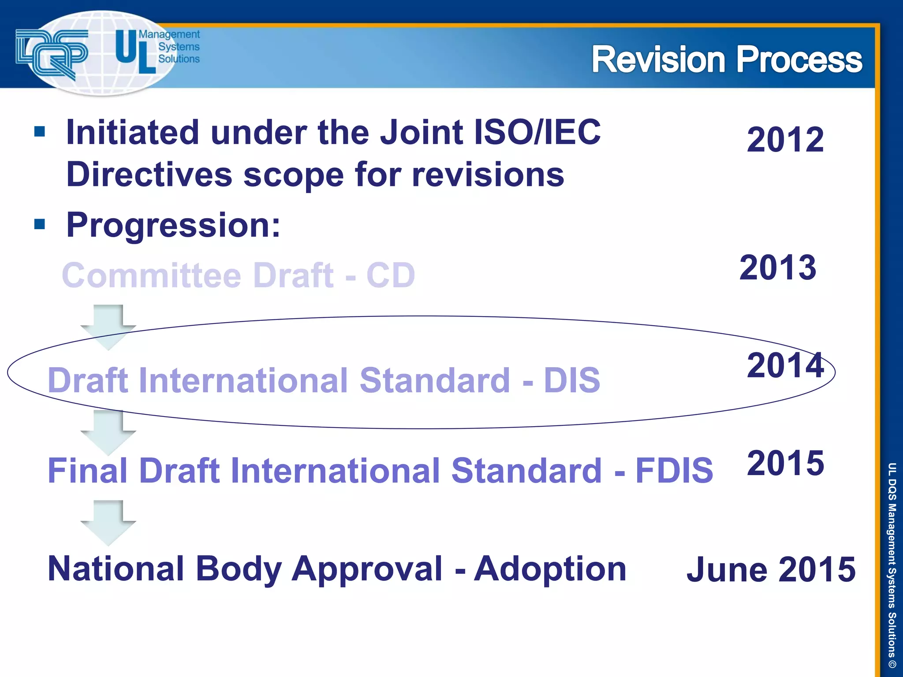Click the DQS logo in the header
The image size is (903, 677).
(52, 53)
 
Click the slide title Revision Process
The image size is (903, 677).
(726, 60)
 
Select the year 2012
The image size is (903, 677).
(785, 140)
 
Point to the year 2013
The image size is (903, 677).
(777, 268)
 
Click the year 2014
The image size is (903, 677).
(785, 365)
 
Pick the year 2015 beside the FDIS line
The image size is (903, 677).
(785, 463)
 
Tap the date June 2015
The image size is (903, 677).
(771, 569)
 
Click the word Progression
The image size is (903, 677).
(173, 225)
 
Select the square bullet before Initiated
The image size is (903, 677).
(40, 131)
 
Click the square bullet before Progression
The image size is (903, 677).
(40, 224)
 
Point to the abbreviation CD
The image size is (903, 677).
(391, 275)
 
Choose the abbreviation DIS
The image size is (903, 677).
(572, 380)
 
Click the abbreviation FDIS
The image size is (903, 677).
(674, 470)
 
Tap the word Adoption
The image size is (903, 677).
(550, 569)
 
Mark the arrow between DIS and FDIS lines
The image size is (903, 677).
(108, 432)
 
